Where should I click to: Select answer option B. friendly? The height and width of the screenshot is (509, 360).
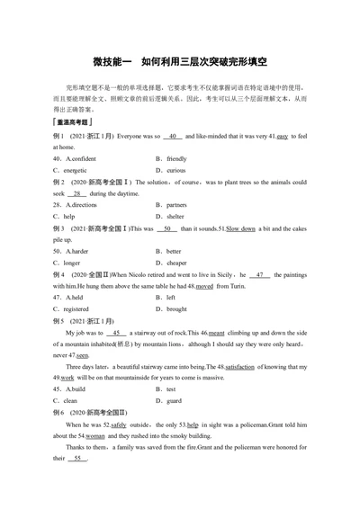click(174, 157)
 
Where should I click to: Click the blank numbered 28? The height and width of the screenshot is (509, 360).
click(78, 193)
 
